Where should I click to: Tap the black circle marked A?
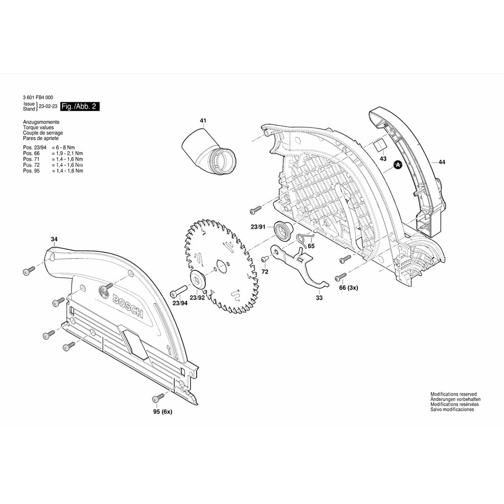[x=397, y=165]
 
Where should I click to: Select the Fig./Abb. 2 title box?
[x=80, y=107]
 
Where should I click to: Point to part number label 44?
[x=442, y=162]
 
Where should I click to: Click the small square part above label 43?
[x=379, y=146]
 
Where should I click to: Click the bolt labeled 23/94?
[x=178, y=292]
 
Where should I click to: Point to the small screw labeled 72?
[x=264, y=259]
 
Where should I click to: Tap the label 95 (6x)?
[x=162, y=412]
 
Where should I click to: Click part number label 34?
[x=54, y=239]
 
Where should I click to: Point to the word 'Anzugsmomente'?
[x=41, y=122]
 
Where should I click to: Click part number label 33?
[x=319, y=298]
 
